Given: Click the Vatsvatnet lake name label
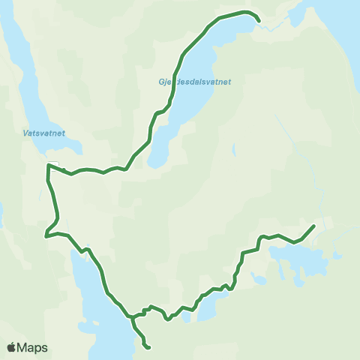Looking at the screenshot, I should coord(43,133).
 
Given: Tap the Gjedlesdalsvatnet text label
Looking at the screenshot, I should coord(194,82).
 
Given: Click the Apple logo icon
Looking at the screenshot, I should coord(11,347).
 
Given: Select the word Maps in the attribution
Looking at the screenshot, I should coord(33,348).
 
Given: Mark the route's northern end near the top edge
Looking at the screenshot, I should coord(259,21).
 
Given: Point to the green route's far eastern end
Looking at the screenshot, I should coord(313,225).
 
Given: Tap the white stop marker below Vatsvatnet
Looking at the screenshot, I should coord(52,165).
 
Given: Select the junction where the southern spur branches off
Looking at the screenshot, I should coord(133,316).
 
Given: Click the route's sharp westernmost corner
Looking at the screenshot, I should coord(46,235).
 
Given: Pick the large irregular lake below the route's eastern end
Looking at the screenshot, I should coord(300,259).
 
